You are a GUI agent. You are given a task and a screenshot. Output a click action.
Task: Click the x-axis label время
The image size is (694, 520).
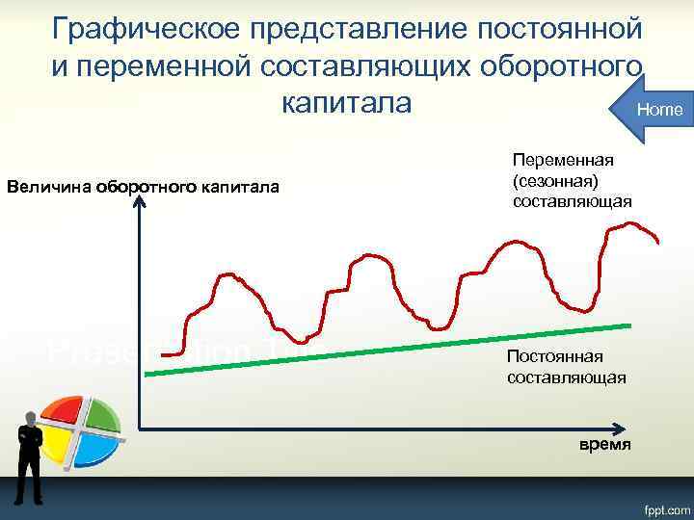(x=604, y=444)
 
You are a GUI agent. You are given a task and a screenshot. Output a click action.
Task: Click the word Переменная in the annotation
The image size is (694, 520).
(x=563, y=160)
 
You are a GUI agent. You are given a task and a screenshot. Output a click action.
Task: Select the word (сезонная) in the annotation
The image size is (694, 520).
(x=556, y=180)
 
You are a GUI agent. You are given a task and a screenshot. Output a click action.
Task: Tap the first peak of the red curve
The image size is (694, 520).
(x=231, y=277)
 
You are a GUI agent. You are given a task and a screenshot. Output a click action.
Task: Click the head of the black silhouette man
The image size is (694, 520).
(x=31, y=418)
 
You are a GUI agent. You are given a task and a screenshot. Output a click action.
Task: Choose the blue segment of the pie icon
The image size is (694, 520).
(x=94, y=447)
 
